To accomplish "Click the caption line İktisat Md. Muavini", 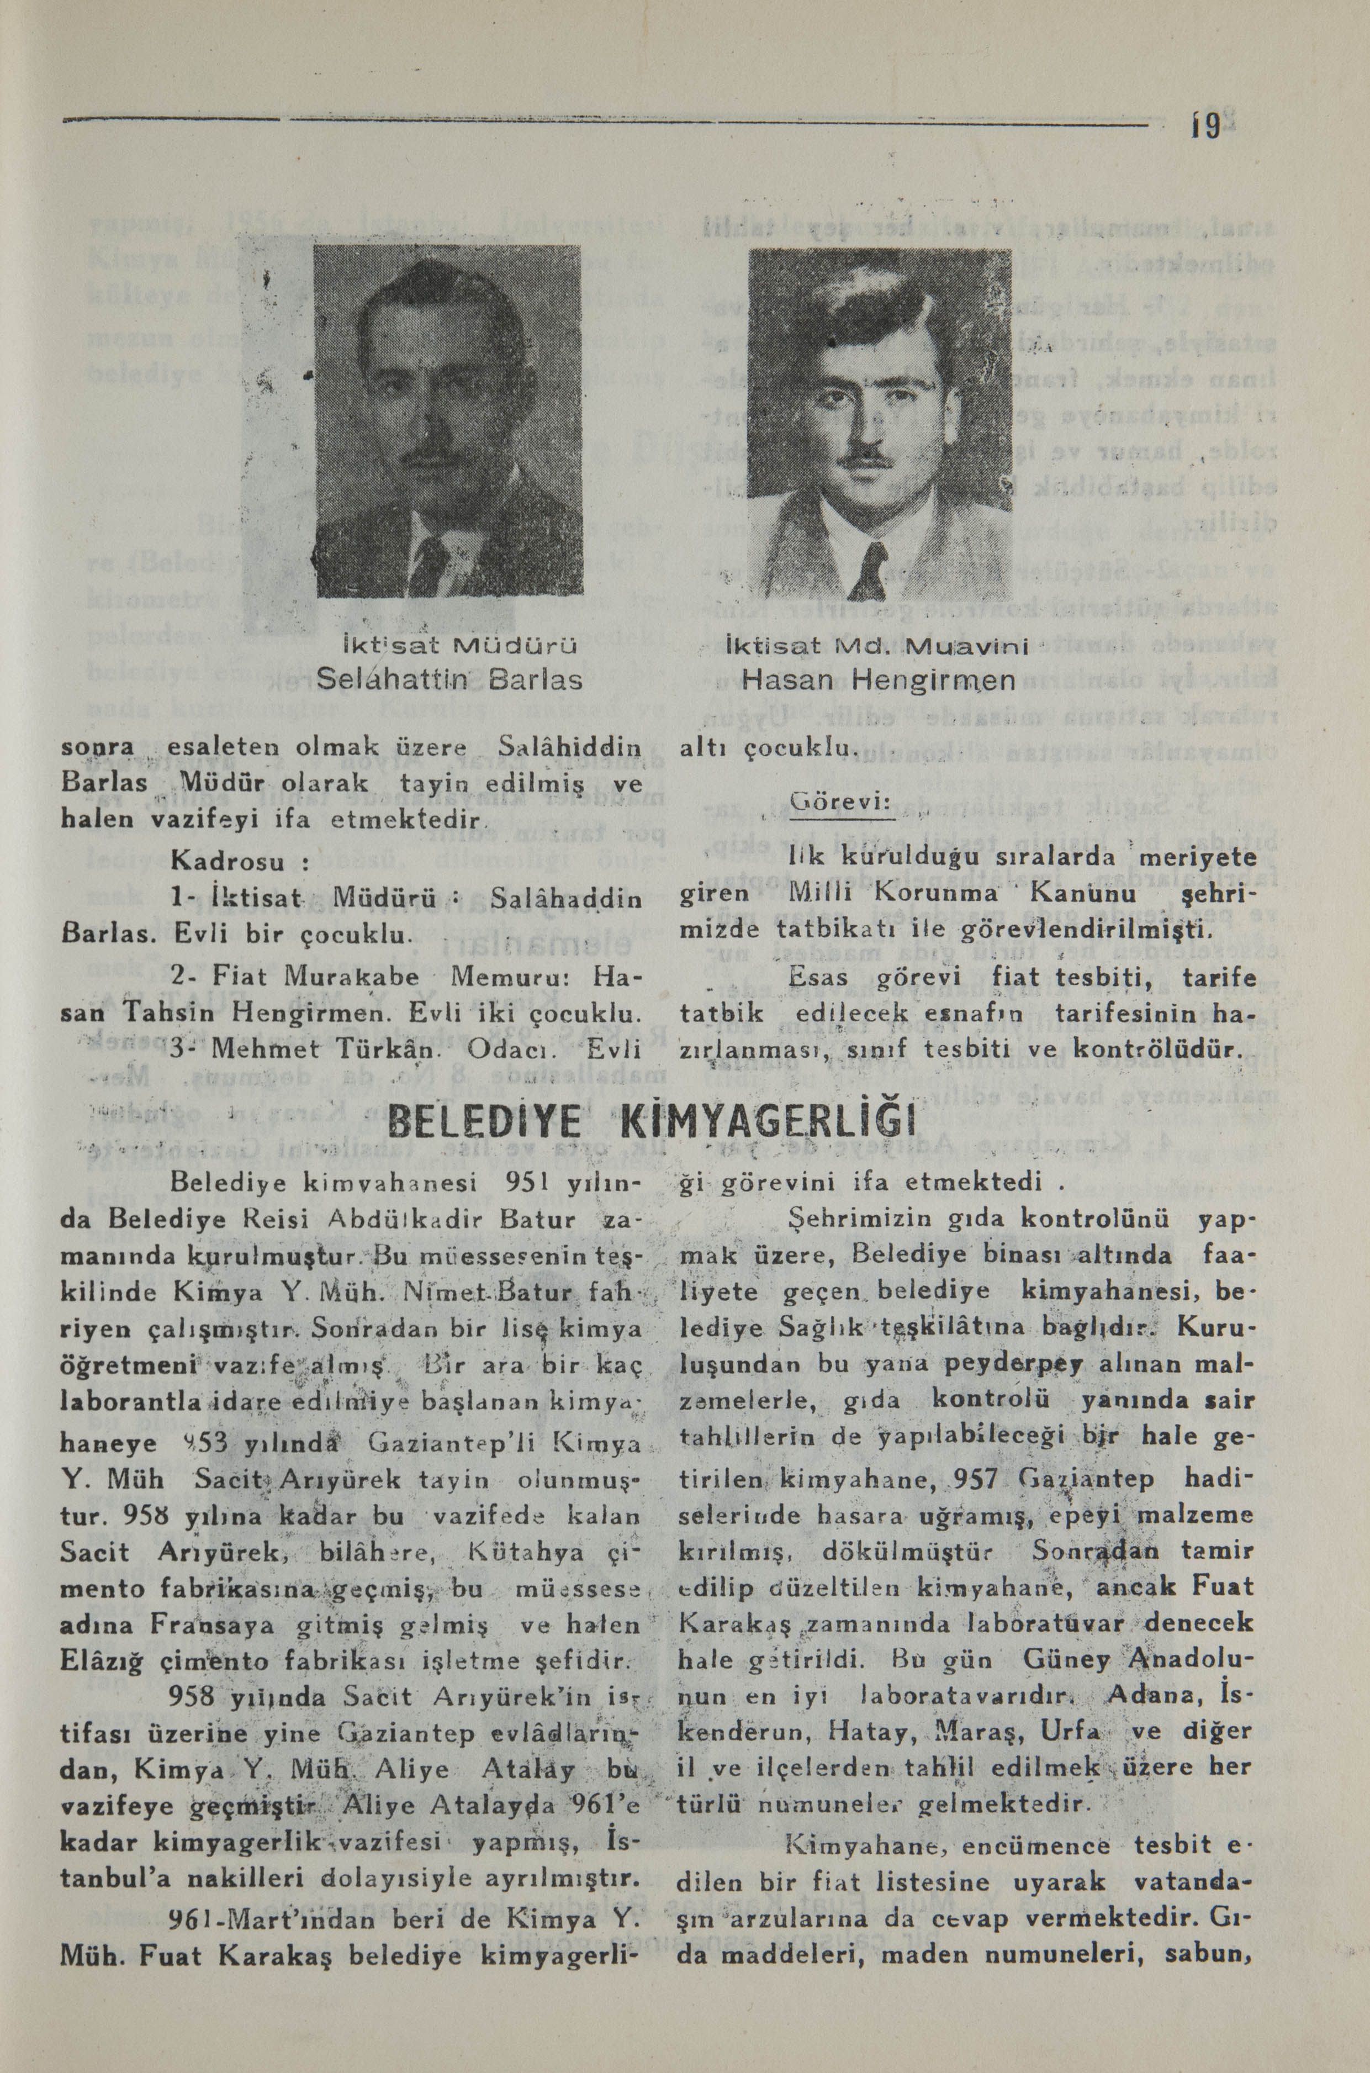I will tap(878, 647).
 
